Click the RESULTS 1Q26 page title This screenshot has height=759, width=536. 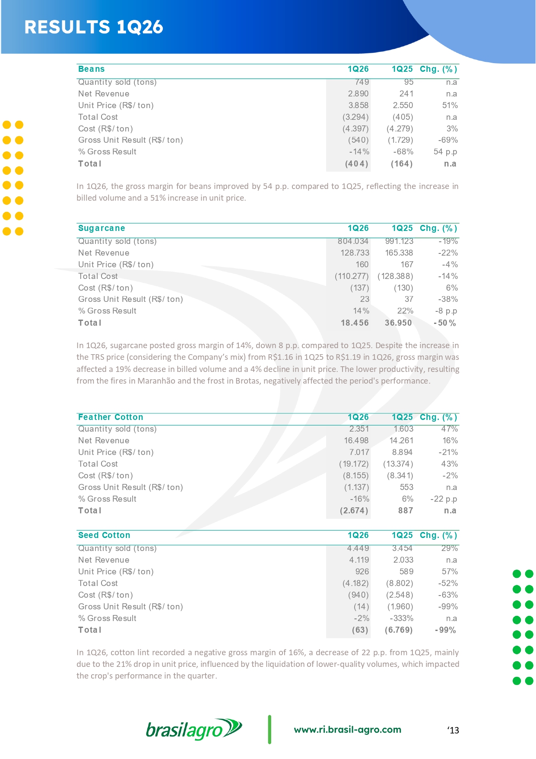point(94,27)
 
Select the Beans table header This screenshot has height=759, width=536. point(91,69)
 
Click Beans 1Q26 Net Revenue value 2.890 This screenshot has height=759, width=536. point(358,94)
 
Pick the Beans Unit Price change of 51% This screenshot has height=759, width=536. point(450,106)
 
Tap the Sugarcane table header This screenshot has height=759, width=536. point(101,228)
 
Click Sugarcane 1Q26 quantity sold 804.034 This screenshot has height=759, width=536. point(353,241)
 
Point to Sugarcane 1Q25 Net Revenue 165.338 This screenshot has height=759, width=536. point(399,253)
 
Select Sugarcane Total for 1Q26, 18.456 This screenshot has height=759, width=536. point(355,323)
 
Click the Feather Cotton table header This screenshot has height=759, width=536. point(111,417)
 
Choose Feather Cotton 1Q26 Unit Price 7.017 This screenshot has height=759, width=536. point(359,452)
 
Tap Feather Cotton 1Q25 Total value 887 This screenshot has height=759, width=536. point(406,511)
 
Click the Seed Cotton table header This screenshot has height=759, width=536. point(104,535)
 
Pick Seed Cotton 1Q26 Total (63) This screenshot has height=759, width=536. point(360,630)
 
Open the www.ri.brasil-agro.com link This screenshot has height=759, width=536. point(347,730)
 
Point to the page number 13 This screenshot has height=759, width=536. point(453,730)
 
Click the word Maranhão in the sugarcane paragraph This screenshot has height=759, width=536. point(156,381)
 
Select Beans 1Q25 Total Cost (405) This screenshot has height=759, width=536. point(403,117)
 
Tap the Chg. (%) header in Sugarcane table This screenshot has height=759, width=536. point(438,228)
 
